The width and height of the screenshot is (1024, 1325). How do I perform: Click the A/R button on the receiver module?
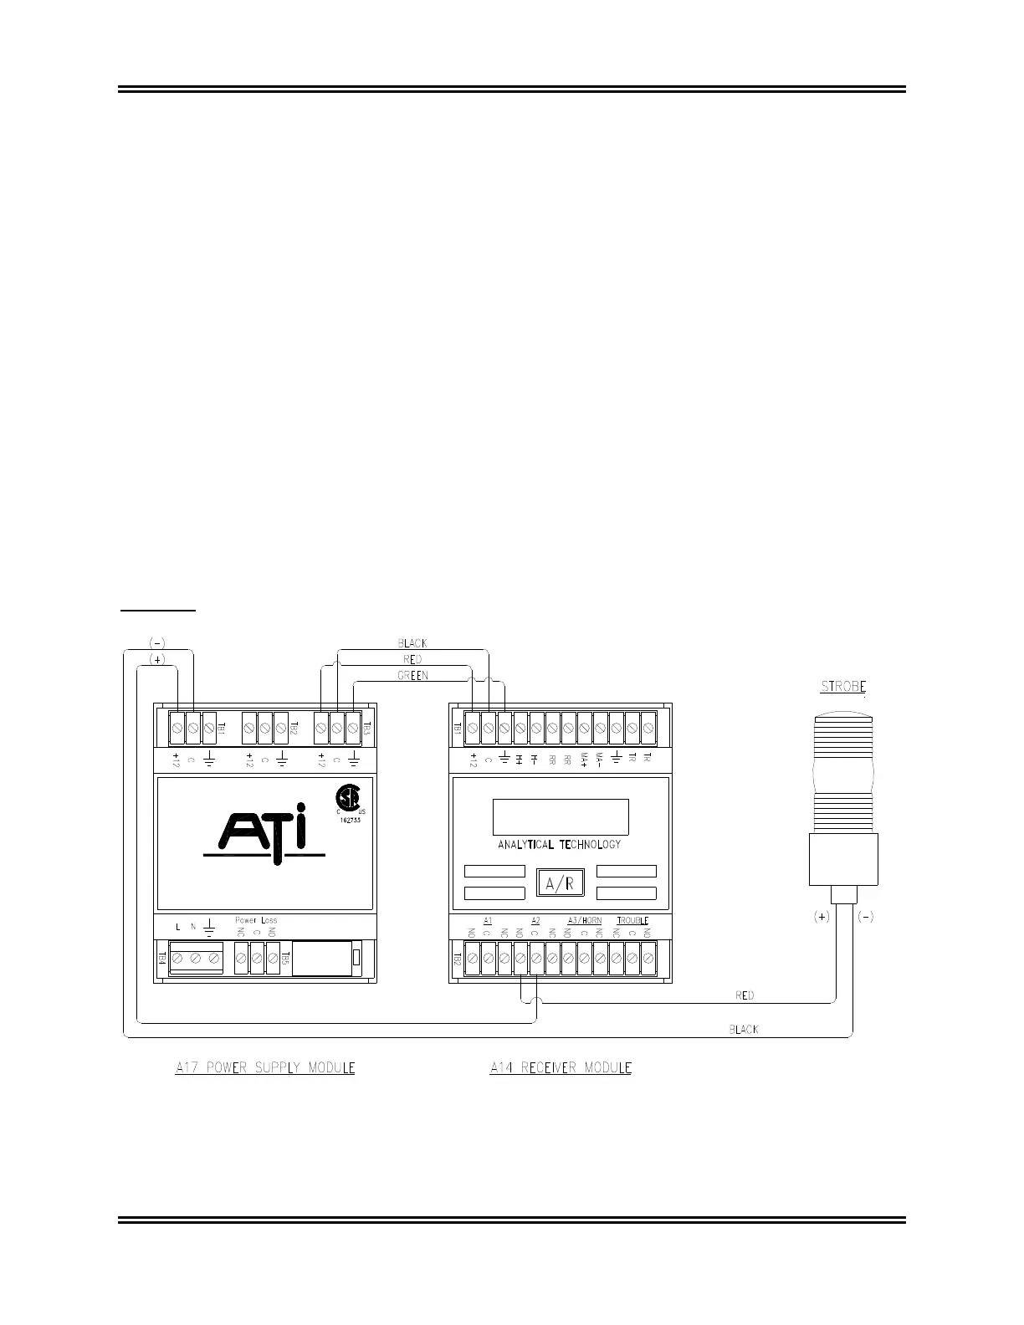[560, 883]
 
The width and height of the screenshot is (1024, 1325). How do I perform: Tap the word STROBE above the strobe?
[842, 687]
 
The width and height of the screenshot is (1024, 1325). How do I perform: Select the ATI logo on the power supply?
[264, 831]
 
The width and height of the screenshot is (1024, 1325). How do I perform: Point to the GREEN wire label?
[412, 675]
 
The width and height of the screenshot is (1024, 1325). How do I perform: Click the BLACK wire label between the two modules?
[412, 643]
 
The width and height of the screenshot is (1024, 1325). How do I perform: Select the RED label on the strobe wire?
[745, 995]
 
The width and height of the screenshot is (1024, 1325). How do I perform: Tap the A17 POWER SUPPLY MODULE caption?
[265, 1068]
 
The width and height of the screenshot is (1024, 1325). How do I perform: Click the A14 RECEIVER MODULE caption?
[561, 1068]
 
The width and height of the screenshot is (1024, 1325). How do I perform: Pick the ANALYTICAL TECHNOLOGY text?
[560, 845]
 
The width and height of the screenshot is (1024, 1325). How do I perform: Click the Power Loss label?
[256, 920]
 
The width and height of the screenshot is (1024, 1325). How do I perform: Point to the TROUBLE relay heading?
[632, 921]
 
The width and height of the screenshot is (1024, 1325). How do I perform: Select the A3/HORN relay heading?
[584, 921]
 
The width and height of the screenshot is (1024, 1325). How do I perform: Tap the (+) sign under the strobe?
[822, 917]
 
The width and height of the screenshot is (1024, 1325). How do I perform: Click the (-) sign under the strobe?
[866, 917]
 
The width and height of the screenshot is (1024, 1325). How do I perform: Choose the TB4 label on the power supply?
[163, 958]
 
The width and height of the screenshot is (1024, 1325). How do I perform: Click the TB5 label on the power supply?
[286, 958]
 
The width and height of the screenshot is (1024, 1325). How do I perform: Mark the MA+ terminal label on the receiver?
[584, 760]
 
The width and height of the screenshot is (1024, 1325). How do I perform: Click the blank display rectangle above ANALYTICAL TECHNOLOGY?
[561, 817]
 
